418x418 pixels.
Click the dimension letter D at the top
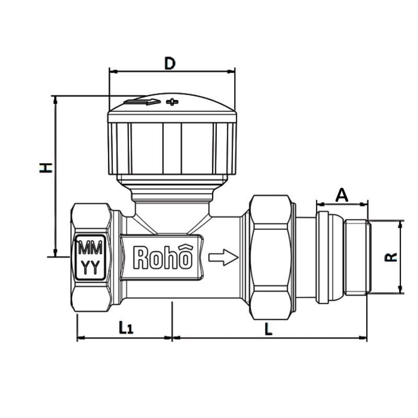tap(170, 63)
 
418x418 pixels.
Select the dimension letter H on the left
tap(47, 167)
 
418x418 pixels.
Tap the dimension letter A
tap(341, 195)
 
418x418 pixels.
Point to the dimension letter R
tap(392, 257)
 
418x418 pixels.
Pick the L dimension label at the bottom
tap(268, 328)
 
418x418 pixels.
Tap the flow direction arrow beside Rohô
tap(223, 257)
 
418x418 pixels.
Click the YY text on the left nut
tap(92, 267)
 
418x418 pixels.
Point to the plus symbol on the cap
tap(172, 101)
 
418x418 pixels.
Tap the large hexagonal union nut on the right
tap(270, 257)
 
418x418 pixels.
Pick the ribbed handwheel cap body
tap(172, 149)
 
